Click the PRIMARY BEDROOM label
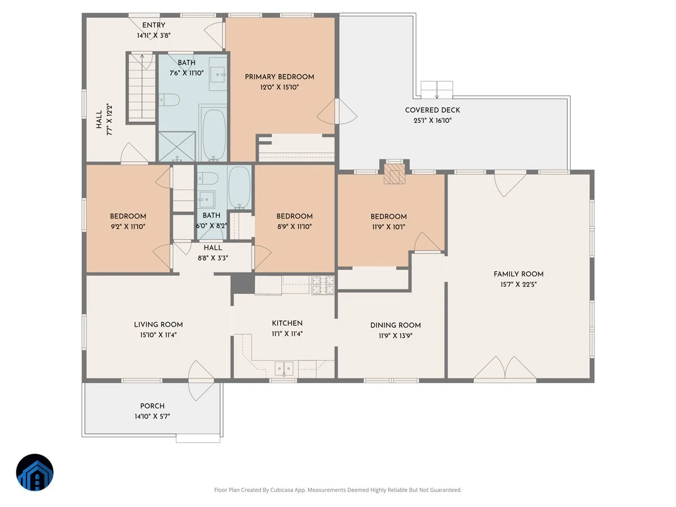[279, 77]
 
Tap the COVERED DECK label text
[433, 110]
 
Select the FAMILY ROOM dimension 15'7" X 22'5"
[519, 284]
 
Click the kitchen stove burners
[323, 285]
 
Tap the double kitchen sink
[284, 368]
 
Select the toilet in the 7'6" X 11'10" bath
[169, 100]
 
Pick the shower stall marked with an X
[177, 146]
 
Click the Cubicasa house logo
[35, 472]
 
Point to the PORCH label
[153, 406]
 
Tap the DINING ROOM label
[395, 326]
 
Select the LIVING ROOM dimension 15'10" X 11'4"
[158, 335]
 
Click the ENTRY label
[154, 25]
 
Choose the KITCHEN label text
[287, 323]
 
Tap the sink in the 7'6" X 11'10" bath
[218, 74]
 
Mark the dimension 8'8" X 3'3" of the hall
[213, 258]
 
